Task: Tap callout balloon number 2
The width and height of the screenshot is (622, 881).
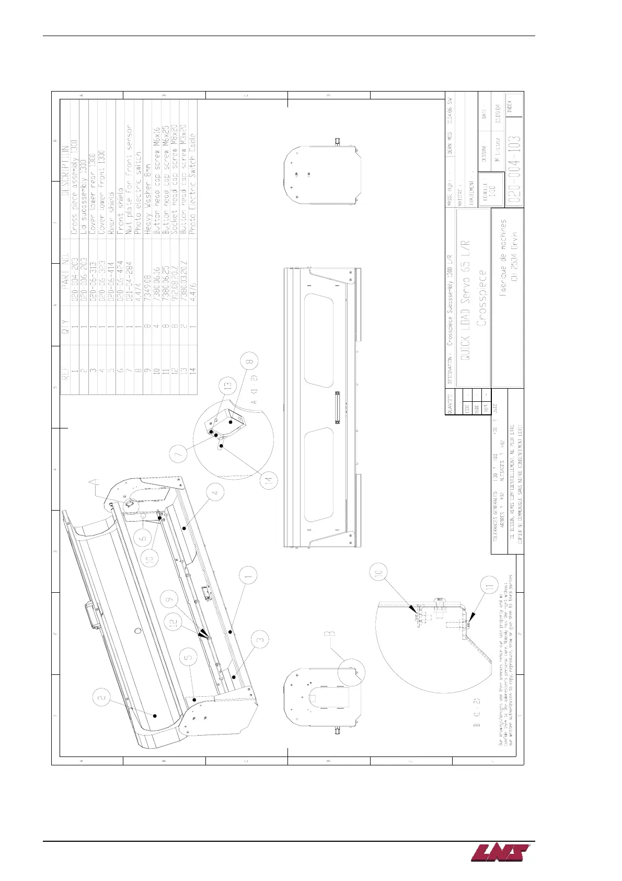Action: tap(102, 697)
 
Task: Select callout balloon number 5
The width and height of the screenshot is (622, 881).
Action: tap(189, 657)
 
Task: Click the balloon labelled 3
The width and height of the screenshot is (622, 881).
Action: tap(261, 638)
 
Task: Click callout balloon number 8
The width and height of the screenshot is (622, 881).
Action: tap(250, 361)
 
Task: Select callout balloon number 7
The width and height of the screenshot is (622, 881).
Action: tap(180, 453)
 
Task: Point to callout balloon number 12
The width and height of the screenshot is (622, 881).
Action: tap(174, 623)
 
